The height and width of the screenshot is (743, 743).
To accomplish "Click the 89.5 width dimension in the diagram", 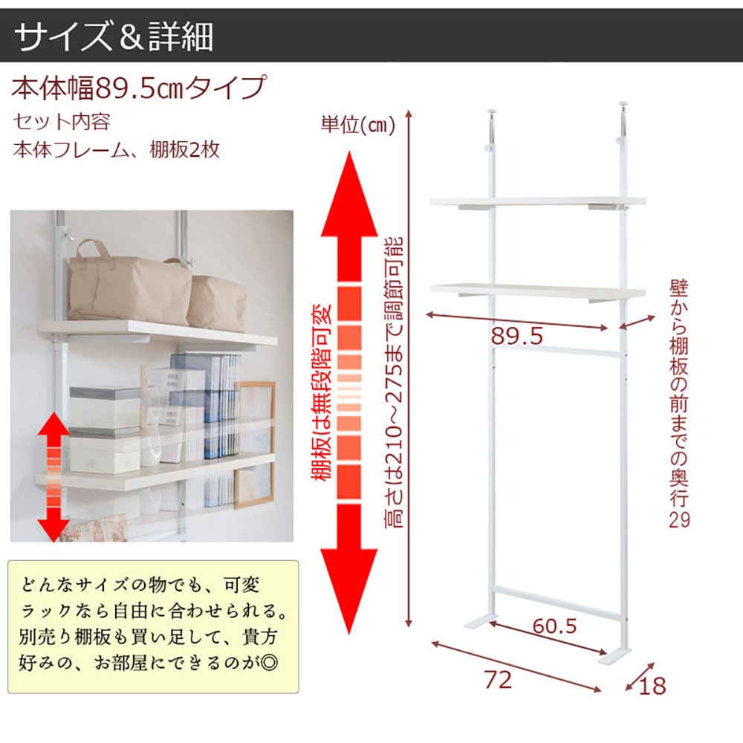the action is coord(516,337).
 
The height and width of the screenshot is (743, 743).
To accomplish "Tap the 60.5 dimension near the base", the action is coord(554,626).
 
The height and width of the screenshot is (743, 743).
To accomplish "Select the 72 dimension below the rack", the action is coord(498,680).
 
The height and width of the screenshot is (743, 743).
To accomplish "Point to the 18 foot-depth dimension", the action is coord(652,686).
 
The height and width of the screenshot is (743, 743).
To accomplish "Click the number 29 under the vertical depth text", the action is coord(679,520).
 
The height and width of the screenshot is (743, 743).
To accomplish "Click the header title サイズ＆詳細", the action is coord(114,36).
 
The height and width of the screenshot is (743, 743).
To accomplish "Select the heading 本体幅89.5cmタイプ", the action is coord(139,88).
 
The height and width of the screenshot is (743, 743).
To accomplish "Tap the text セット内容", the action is coord(62,122).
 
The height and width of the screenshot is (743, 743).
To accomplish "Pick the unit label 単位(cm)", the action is coord(358,124).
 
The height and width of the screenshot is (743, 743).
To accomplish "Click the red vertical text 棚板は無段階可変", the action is coord(323,392).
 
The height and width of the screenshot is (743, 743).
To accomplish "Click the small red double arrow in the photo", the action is coord(54,477).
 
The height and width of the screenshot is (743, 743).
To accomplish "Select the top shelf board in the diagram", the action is coord(538,202).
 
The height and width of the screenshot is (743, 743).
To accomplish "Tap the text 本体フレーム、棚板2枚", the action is coord(117,150).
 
